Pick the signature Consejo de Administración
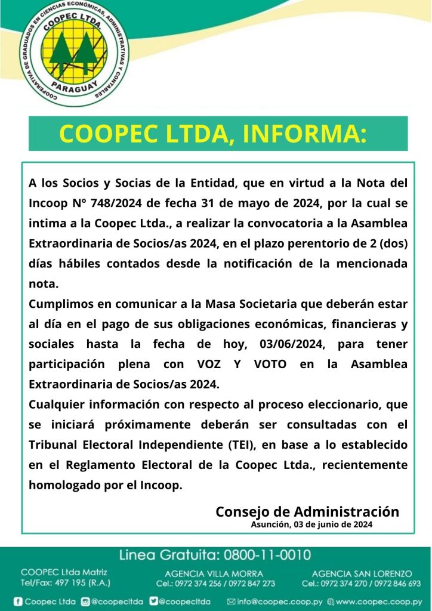[307, 511]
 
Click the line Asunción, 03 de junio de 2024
[311, 524]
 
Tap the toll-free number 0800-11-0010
[267, 555]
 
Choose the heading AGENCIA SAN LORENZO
[362, 573]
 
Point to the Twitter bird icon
[154, 601]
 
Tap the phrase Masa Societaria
[247, 304]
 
